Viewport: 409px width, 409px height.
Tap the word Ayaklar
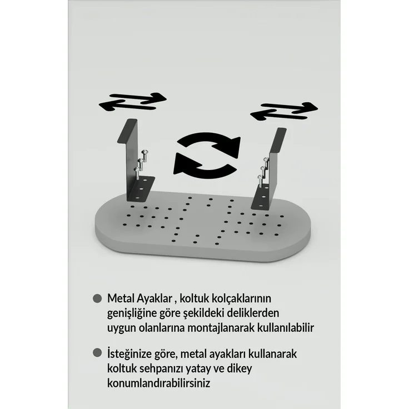[x=154, y=299]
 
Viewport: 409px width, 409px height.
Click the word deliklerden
[x=253, y=313]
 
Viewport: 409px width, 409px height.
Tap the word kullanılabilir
[x=286, y=327]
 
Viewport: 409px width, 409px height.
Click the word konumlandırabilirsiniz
[x=158, y=383]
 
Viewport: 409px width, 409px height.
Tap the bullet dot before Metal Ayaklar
[x=97, y=298]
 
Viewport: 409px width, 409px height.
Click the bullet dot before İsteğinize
[x=97, y=353]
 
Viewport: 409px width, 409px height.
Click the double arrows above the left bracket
[x=132, y=102]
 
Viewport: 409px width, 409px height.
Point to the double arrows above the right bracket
[x=284, y=111]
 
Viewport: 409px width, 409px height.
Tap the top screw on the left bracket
[x=145, y=153]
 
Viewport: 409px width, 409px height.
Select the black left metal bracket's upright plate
[x=132, y=159]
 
